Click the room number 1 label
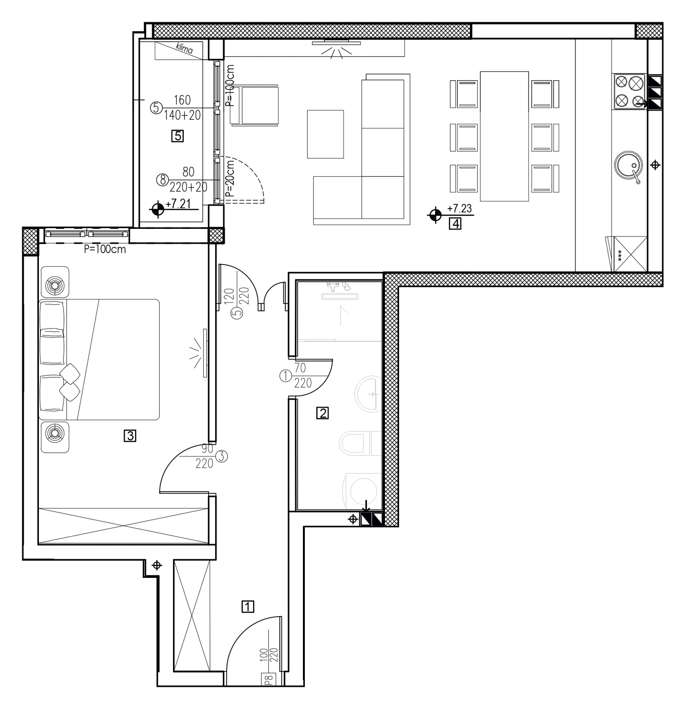[248, 606]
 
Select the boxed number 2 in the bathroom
[322, 413]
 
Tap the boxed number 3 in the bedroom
[130, 435]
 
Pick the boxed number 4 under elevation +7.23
[455, 223]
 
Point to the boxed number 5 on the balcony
[177, 137]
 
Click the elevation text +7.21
[178, 204]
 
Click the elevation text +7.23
[459, 208]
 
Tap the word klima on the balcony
[185, 49]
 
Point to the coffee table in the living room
[325, 134]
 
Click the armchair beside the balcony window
[254, 105]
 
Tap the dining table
[504, 136]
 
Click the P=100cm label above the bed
[105, 249]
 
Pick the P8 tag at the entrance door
[268, 680]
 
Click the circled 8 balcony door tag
[162, 180]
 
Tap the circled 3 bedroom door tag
[221, 456]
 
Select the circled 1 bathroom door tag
[286, 376]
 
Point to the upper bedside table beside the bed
[55, 282]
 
